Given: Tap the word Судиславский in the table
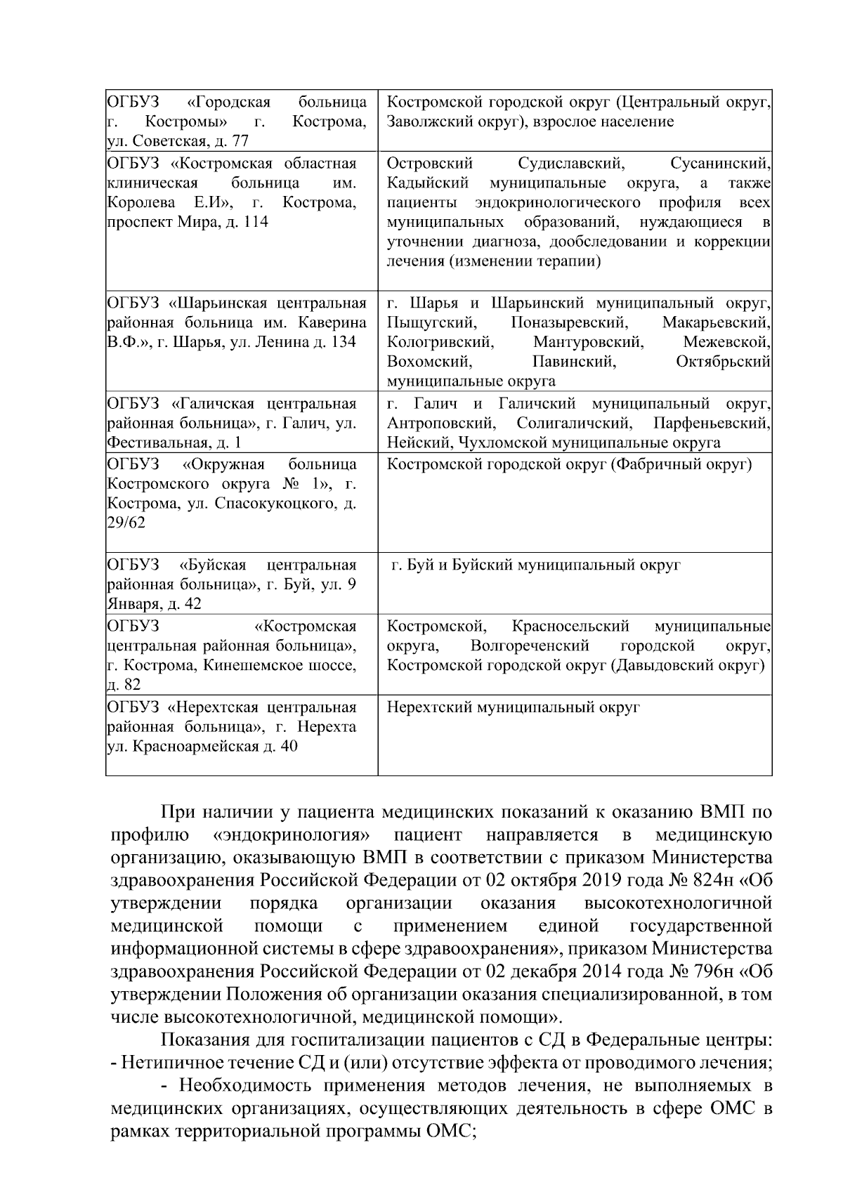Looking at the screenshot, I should [570, 164].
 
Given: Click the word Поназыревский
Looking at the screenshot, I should [568, 323].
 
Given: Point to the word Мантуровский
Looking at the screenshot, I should [587, 342].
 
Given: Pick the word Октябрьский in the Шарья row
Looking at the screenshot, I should [723, 362].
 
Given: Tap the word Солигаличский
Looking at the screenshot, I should [572, 424].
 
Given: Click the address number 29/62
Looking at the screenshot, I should [126, 523].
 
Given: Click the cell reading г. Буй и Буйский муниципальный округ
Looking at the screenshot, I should [535, 565].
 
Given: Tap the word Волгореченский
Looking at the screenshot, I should [530, 646].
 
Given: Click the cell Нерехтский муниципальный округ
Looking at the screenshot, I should [513, 707].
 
